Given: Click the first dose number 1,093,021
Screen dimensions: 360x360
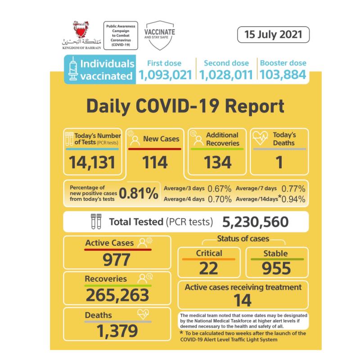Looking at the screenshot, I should click(166, 75).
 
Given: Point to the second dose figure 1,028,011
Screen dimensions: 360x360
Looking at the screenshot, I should click(225, 75).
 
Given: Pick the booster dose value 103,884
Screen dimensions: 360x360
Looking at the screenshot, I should click(282, 75).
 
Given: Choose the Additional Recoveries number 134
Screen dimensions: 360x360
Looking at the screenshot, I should click(216, 162).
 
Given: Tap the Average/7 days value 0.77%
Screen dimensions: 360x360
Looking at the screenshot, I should click(293, 188).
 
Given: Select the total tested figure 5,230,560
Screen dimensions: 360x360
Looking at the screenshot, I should click(255, 222).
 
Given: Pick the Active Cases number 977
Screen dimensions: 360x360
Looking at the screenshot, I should click(116, 260).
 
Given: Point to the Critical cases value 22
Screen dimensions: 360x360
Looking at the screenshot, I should click(208, 268).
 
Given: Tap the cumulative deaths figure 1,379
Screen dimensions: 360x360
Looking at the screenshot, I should click(117, 331).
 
